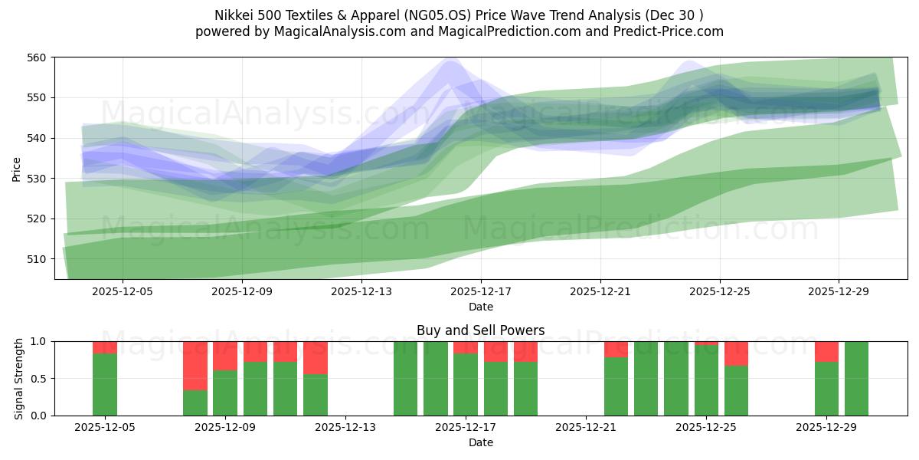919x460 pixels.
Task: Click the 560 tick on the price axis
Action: [x=37, y=58]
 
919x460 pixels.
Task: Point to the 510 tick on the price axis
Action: [x=37, y=259]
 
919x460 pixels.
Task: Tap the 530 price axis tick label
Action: [x=37, y=179]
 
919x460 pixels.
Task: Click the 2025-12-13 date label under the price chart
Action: [x=361, y=291]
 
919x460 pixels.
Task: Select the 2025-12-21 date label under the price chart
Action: [x=600, y=291]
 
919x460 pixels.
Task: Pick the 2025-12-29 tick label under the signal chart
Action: [x=826, y=427]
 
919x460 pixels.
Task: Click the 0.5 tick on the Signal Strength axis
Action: [x=39, y=379]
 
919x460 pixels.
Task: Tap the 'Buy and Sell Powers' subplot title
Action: [x=480, y=330]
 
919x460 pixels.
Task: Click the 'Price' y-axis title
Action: [x=16, y=169]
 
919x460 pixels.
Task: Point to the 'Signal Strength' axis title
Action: [x=19, y=379]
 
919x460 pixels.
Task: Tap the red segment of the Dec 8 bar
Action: [x=195, y=366]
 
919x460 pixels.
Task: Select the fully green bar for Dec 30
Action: [x=856, y=379]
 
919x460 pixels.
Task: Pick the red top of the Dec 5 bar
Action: [x=105, y=347]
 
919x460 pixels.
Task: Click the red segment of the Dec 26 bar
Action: [x=736, y=353]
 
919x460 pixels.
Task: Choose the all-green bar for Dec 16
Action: [x=436, y=379]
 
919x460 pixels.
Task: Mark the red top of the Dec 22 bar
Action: [x=616, y=349]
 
